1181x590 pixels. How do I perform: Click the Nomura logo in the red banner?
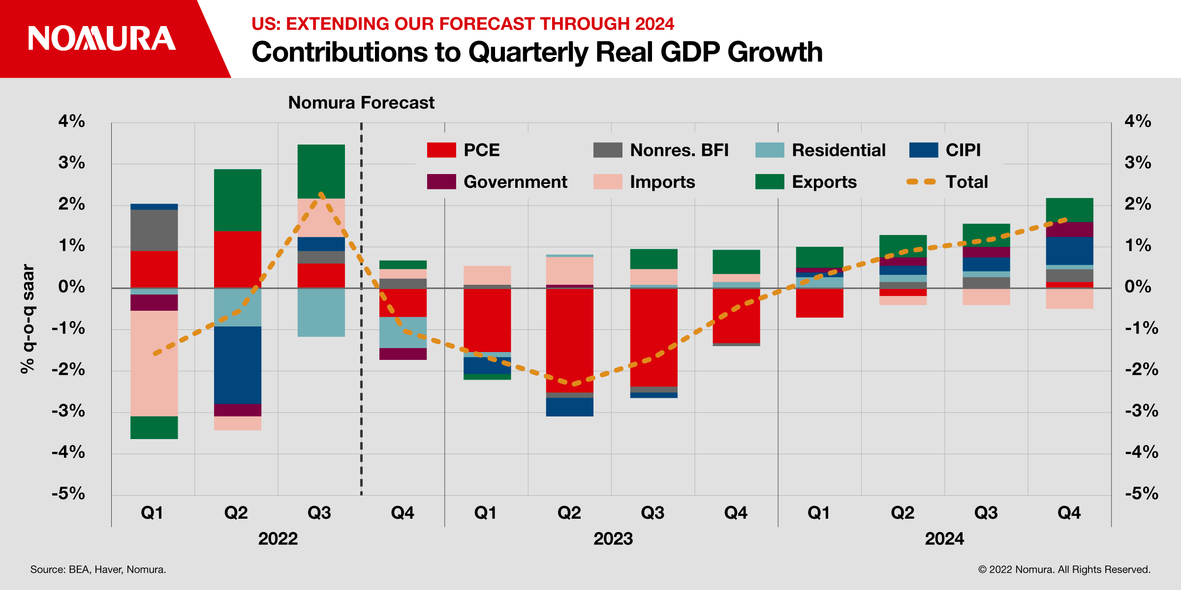pyautogui.click(x=102, y=38)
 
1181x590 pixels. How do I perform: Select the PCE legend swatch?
pyautogui.click(x=441, y=150)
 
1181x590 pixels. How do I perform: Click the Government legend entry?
pyautogui.click(x=497, y=182)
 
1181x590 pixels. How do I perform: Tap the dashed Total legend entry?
pyautogui.click(x=947, y=182)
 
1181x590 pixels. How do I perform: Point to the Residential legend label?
pyautogui.click(x=838, y=150)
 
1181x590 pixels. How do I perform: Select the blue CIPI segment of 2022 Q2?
pyautogui.click(x=238, y=365)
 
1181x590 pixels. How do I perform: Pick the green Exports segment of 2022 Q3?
pyautogui.click(x=321, y=171)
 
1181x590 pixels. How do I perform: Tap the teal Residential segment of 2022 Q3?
pyautogui.click(x=321, y=312)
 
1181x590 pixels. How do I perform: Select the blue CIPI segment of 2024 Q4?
pyautogui.click(x=1069, y=251)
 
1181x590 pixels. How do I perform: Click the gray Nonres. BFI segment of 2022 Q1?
pyautogui.click(x=154, y=230)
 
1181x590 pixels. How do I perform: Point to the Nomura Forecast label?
pyautogui.click(x=361, y=103)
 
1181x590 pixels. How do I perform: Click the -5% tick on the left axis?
pyautogui.click(x=69, y=493)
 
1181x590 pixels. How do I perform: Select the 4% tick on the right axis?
pyautogui.click(x=1137, y=121)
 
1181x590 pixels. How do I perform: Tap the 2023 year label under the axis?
pyautogui.click(x=613, y=538)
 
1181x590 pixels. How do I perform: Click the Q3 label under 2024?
pyautogui.click(x=986, y=513)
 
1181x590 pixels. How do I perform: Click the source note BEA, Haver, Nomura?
pyautogui.click(x=98, y=569)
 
